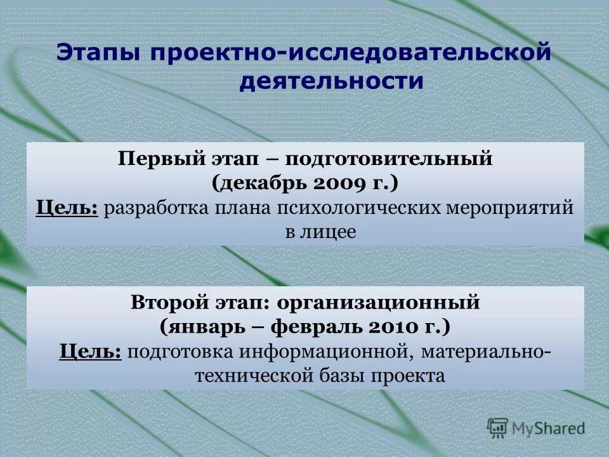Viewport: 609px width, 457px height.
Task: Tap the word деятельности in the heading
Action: tap(331, 82)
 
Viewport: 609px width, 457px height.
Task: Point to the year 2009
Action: tap(339, 183)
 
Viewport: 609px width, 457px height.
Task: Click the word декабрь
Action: tap(261, 183)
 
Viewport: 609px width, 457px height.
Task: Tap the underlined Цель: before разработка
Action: tap(67, 208)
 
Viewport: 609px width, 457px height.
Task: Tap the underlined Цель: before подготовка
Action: tap(91, 352)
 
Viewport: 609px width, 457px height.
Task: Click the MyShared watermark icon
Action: tap(498, 427)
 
